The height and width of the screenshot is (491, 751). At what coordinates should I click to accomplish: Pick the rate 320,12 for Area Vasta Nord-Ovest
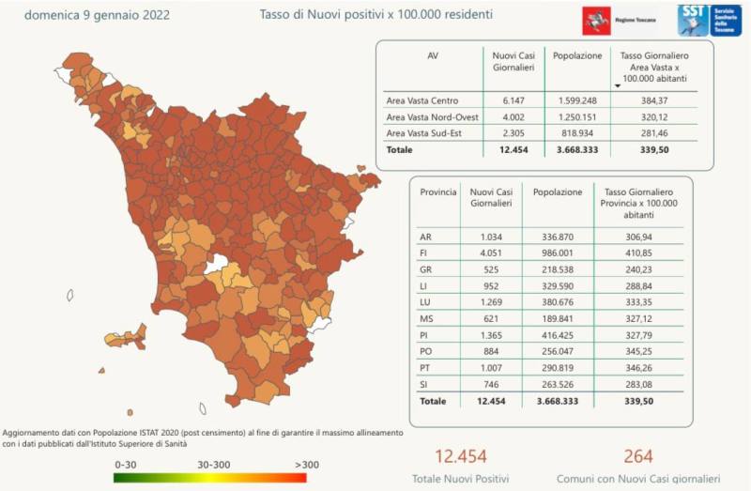[x=650, y=116]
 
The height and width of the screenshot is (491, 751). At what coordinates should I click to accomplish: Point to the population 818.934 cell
[x=577, y=133]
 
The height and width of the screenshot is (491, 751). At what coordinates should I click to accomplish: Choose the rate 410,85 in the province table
[x=640, y=253]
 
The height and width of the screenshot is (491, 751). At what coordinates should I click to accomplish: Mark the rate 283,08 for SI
[x=640, y=386]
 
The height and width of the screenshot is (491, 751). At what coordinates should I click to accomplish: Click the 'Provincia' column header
[x=437, y=192]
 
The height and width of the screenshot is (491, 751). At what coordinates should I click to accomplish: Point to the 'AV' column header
[x=432, y=55]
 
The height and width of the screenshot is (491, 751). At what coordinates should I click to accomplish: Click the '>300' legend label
[x=306, y=463]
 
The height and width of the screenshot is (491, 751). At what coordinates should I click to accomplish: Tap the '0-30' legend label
[x=126, y=463]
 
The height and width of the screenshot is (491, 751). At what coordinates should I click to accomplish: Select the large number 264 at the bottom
[x=636, y=456]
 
